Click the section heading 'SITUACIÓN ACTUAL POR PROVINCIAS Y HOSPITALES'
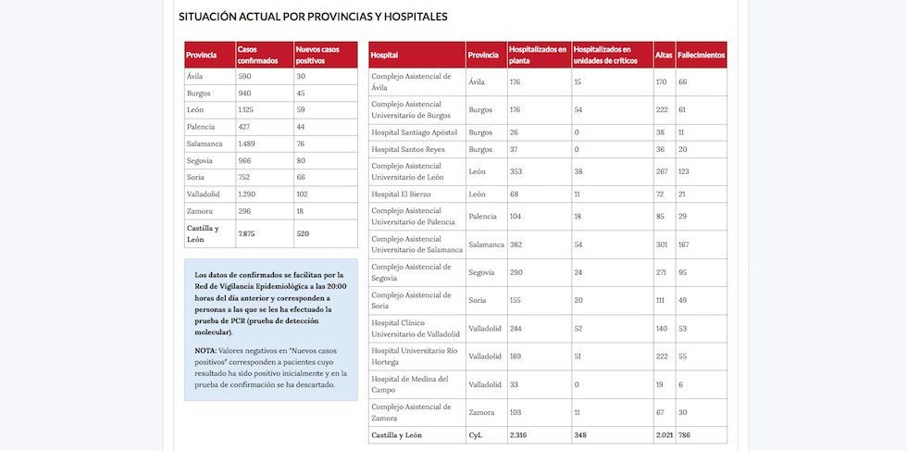[313, 17]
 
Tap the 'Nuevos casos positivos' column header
[317, 55]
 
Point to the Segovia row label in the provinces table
[201, 160]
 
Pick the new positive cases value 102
[303, 194]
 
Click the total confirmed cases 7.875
[246, 233]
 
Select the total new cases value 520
[303, 233]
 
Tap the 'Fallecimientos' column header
[701, 56]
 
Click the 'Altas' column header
[664, 56]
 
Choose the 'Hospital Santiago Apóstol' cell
[414, 132]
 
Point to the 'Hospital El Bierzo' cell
[401, 194]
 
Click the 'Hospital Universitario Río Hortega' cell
[416, 356]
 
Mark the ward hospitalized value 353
[517, 171]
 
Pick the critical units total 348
[580, 434]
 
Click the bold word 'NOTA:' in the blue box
[205, 350]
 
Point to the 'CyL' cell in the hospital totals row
[476, 434]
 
